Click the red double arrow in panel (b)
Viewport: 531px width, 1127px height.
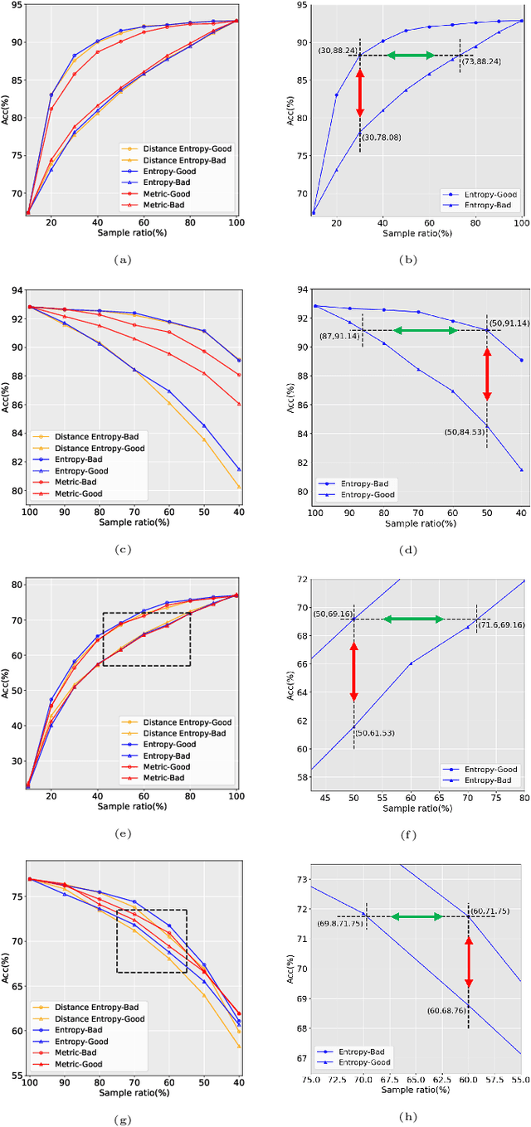360,93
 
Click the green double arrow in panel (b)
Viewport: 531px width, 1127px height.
412,56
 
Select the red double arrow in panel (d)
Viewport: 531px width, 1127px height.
487,374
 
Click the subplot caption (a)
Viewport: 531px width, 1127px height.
123,260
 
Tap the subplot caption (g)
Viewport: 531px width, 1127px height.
123,1119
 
